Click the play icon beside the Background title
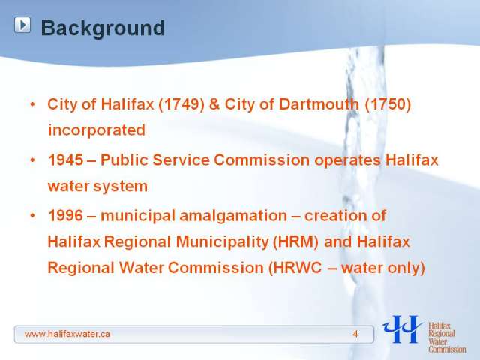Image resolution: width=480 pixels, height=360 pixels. click(x=22, y=25)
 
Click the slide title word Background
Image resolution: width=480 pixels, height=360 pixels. click(x=103, y=28)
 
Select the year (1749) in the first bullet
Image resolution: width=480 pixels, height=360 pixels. click(x=181, y=104)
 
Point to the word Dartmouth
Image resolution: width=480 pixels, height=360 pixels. click(x=319, y=104)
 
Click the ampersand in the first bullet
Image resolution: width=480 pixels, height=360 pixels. click(x=214, y=104)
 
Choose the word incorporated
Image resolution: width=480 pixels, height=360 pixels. click(x=97, y=130)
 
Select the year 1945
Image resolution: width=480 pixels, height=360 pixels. click(x=65, y=160)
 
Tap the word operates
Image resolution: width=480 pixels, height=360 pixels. click(x=347, y=160)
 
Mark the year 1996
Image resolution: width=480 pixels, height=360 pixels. click(x=65, y=215)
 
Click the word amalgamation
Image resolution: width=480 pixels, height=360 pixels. click(x=233, y=216)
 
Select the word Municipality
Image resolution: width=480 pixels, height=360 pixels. click(x=222, y=241)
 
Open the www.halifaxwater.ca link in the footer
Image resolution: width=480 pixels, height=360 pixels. click(x=67, y=334)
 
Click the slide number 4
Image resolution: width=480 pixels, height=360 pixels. click(x=355, y=334)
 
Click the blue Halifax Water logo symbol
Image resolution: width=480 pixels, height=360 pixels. click(x=402, y=329)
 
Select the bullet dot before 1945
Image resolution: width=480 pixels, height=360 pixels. click(x=33, y=160)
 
